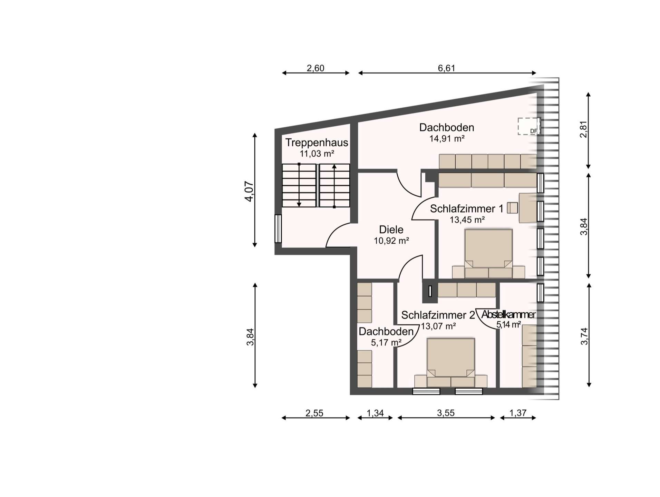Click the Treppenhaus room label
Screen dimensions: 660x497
pyautogui.click(x=317, y=143)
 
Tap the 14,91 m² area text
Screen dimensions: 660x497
pyautogui.click(x=447, y=139)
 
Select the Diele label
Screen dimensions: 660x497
pyautogui.click(x=391, y=230)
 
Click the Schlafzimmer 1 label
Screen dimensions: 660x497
pyautogui.click(x=467, y=209)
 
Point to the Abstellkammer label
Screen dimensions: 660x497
pyautogui.click(x=508, y=314)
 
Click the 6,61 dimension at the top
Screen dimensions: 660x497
pyautogui.click(x=447, y=68)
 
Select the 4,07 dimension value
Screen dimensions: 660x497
pyautogui.click(x=249, y=191)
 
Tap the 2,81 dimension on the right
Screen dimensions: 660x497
pyautogui.click(x=583, y=129)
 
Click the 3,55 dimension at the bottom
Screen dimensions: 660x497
pyautogui.click(x=446, y=413)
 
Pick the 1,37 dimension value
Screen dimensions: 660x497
pyautogui.click(x=518, y=413)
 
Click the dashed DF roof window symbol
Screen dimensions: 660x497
pyautogui.click(x=528, y=126)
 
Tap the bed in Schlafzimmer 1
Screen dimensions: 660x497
pyautogui.click(x=488, y=253)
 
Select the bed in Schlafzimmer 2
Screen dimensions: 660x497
pyautogui.click(x=450, y=362)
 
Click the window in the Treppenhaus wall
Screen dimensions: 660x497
pyautogui.click(x=278, y=228)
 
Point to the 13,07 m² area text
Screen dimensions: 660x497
pyautogui.click(x=438, y=326)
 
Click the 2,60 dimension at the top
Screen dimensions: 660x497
pyautogui.click(x=316, y=68)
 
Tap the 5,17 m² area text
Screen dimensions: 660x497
pyautogui.click(x=386, y=342)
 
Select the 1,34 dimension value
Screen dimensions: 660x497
pyautogui.click(x=375, y=413)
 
